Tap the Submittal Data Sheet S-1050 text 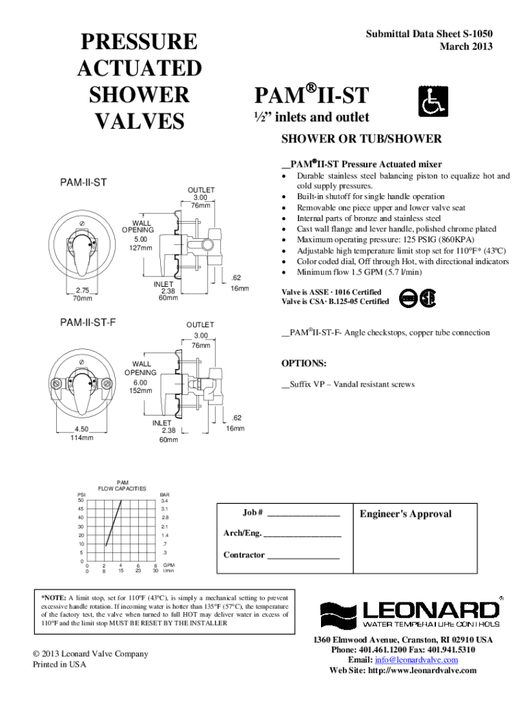(428, 34)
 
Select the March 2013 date (466, 47)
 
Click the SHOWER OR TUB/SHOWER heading (361, 139)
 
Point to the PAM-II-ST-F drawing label (88, 321)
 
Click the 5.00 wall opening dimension (141, 240)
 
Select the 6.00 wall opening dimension (140, 382)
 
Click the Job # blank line (303, 513)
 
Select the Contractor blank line (303, 555)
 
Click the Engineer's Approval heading (406, 514)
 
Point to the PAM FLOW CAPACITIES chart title (123, 485)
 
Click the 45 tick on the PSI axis (81, 509)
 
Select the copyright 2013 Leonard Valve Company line (90, 654)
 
